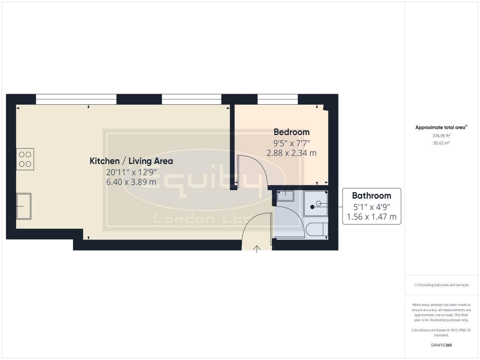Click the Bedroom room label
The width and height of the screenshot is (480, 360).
(x=291, y=132)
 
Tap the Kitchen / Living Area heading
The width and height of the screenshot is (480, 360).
(x=131, y=161)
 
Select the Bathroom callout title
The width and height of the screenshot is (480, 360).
(x=371, y=196)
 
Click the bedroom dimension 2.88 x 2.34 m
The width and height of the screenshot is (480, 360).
(x=291, y=153)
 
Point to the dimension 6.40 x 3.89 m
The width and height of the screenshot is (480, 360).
(x=131, y=182)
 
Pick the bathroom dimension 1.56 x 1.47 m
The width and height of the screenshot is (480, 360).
(x=371, y=217)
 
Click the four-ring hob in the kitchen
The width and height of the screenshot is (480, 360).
(x=25, y=159)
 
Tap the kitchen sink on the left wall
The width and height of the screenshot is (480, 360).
(x=24, y=206)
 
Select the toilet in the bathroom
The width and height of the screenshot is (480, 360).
(x=316, y=229)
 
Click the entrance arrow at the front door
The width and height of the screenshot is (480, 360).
(x=257, y=249)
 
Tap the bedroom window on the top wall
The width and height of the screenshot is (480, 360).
(x=277, y=99)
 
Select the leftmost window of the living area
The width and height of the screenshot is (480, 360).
(x=76, y=99)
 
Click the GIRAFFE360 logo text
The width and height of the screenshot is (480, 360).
(x=441, y=345)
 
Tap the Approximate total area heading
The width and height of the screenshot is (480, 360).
(x=441, y=127)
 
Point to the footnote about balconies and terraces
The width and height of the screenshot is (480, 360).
(x=441, y=285)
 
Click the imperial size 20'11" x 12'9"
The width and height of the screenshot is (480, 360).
(x=131, y=172)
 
